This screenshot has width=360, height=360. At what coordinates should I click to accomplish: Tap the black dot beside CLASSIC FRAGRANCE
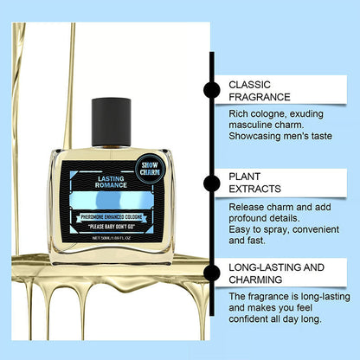pyautogui.click(x=211, y=89)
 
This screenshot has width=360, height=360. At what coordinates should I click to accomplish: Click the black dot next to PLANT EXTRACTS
pyautogui.click(x=211, y=183)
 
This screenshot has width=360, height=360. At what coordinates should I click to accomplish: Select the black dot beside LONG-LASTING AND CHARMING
pyautogui.click(x=211, y=276)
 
